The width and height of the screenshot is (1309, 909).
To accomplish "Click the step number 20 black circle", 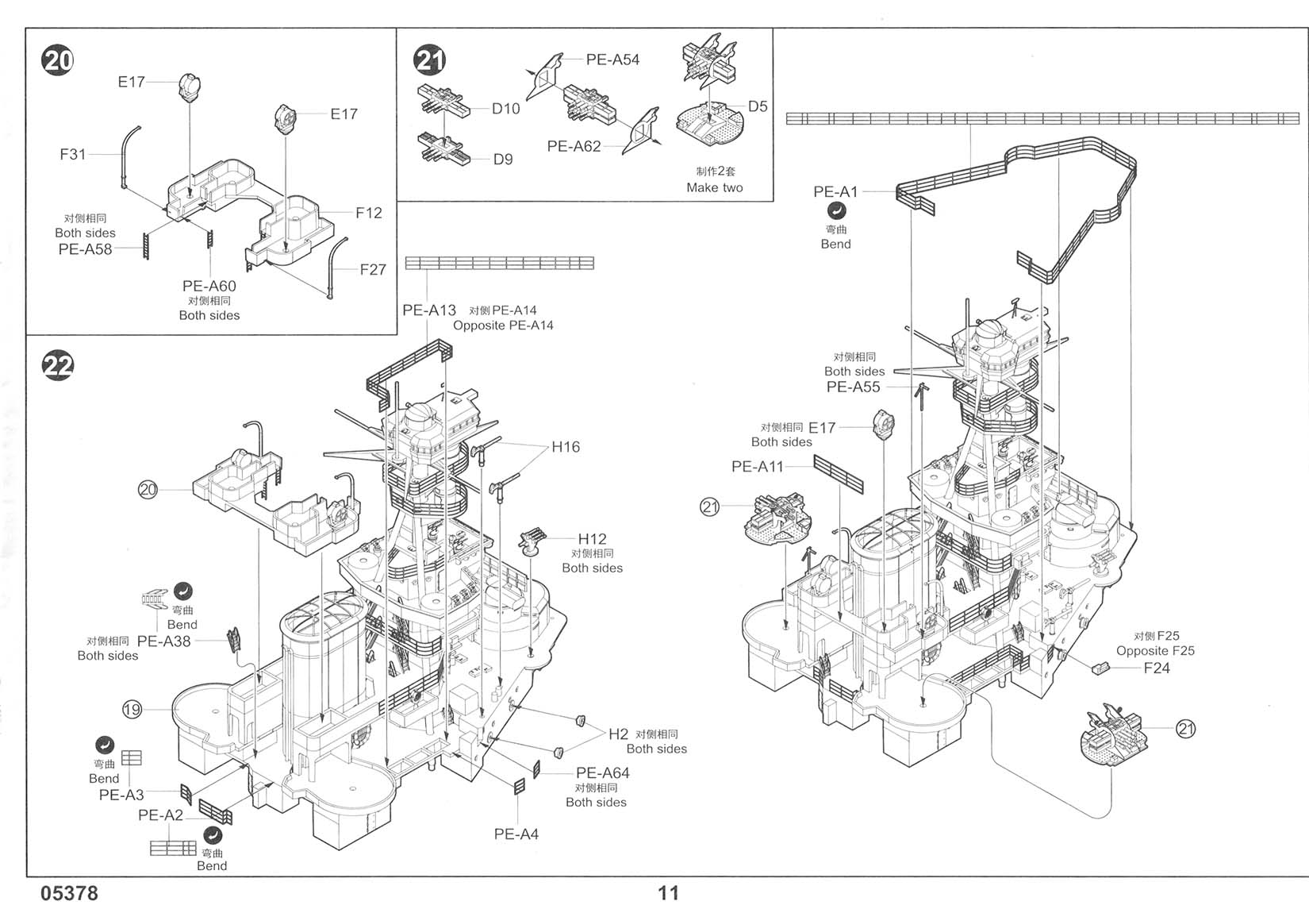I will coord(58,61).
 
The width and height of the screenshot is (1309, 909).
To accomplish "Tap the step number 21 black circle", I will coord(430,60).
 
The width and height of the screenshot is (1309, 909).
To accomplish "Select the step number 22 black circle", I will coord(58,365).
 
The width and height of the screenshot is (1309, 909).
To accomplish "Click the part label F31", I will coord(72,154).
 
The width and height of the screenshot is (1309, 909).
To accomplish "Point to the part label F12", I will coord(368,213).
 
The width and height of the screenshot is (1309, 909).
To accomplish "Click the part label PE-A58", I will coord(85,249).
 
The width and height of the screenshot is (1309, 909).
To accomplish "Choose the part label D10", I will coord(505,109).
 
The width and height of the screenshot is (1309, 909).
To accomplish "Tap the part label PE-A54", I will coord(612,60).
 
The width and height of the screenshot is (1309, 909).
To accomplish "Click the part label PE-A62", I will coord(574,147).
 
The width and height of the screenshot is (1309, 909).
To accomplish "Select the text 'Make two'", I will coord(714,188).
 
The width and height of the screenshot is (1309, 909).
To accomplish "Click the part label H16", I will coord(566,447).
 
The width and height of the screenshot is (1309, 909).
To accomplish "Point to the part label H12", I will coord(592,540).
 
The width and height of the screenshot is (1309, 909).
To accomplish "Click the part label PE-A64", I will coord(602,772).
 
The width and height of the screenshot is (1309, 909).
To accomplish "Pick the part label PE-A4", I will coord(516,834).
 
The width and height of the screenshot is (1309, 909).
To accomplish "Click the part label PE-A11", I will coord(757,467).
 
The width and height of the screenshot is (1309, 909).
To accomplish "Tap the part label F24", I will coord(1156,668).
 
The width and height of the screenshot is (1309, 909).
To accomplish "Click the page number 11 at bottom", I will coord(668,894).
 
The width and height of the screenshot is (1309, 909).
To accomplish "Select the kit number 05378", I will coord(70,894).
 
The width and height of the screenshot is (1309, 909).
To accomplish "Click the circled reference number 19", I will coord(132,710).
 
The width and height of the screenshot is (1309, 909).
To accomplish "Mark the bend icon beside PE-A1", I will coord(836,211).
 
